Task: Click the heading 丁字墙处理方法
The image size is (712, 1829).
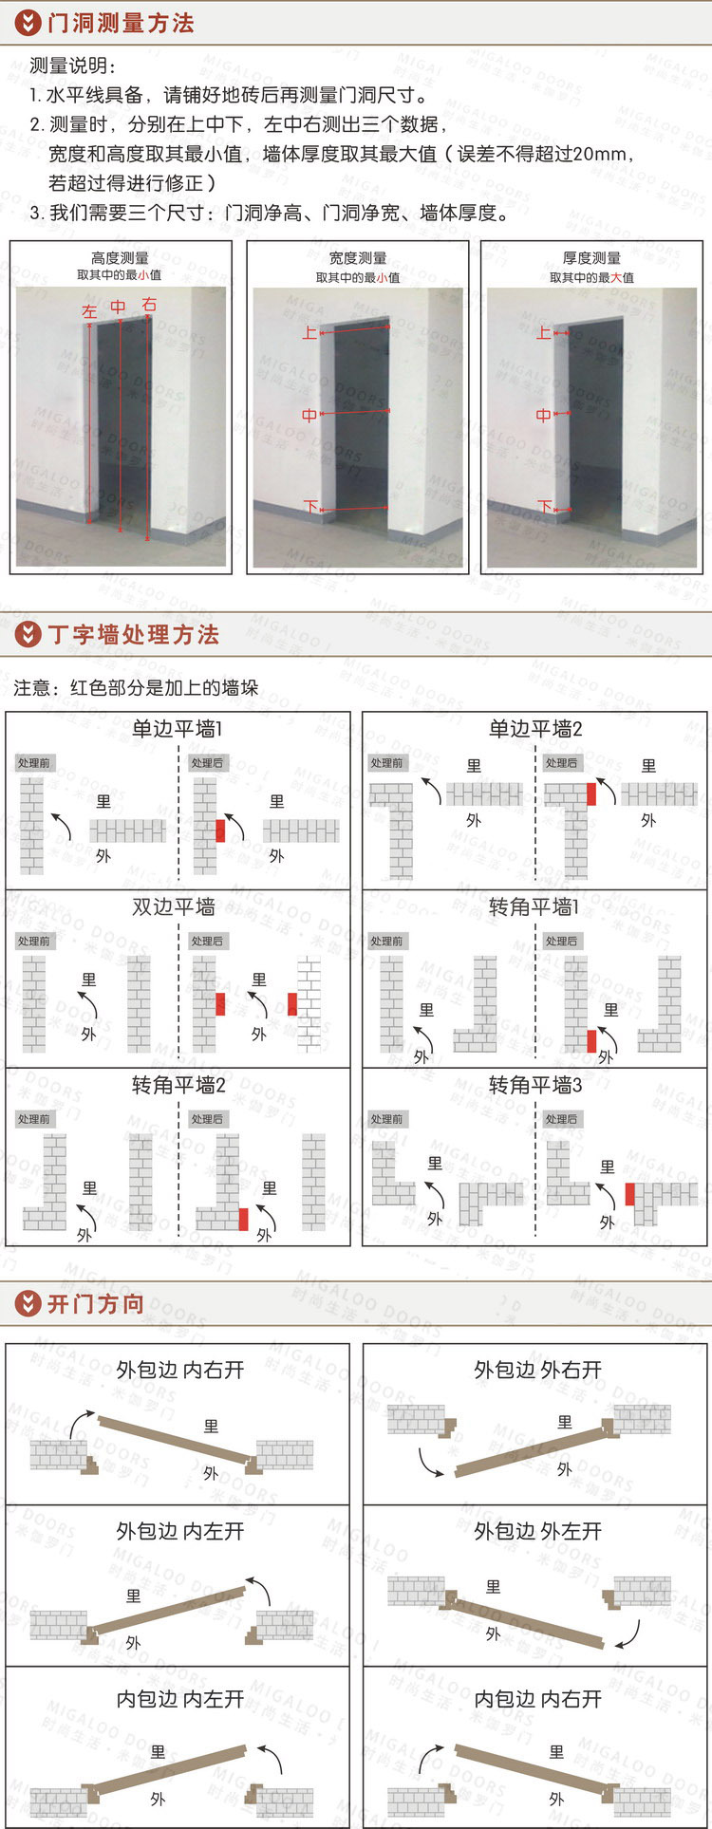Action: pos(133,634)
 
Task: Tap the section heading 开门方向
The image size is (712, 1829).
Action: pos(96,1303)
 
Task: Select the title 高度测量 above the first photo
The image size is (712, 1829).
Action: pos(120,257)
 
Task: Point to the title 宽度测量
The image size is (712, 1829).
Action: pos(358,257)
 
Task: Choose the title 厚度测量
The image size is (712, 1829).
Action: pos(591,257)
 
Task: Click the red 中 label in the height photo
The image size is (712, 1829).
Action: pos(118,307)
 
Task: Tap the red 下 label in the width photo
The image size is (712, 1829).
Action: pos(310,508)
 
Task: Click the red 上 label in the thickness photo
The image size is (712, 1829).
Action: pos(543,332)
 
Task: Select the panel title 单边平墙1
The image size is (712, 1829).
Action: pos(177,729)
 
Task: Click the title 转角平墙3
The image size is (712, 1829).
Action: pos(535,1084)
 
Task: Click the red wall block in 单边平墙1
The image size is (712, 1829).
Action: pos(220,831)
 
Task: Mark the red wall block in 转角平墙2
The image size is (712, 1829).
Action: pos(243,1219)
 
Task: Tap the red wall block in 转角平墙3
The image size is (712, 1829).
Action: pos(630,1194)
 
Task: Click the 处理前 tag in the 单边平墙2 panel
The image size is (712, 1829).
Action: pos(386,763)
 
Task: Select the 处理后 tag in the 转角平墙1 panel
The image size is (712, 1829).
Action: pos(561,942)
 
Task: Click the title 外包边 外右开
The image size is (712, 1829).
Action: pos(538,1370)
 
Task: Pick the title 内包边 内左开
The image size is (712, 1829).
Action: pos(180,1699)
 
